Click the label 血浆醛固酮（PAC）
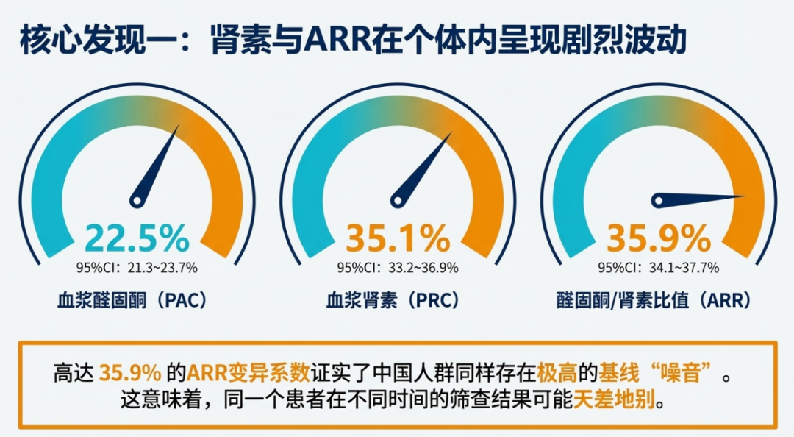coord(132,301)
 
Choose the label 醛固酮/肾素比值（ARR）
coord(655,301)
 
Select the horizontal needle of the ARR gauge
coord(698,198)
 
